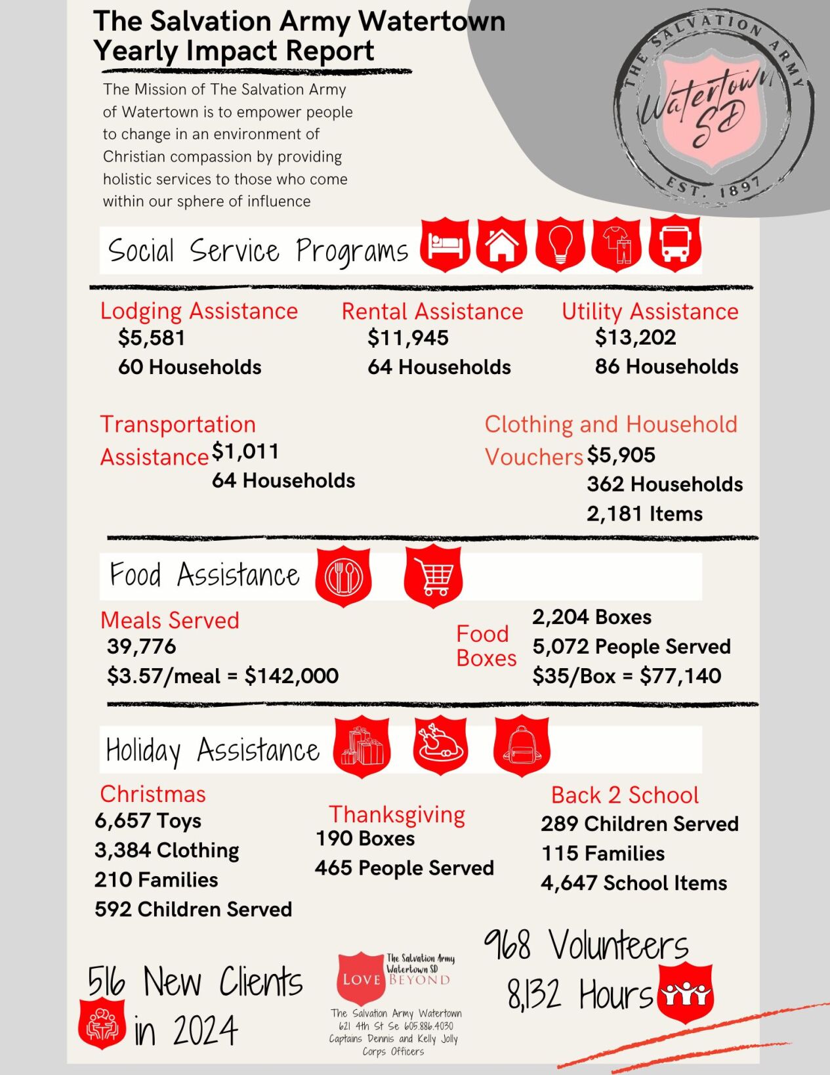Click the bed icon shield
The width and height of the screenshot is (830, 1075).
tap(445, 245)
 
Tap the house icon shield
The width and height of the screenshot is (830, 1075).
tap(501, 245)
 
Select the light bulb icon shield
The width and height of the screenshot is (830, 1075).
tap(560, 244)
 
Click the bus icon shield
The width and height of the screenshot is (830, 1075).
tap(674, 245)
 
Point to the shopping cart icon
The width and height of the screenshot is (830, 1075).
tap(433, 578)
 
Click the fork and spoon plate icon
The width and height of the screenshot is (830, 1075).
tap(343, 578)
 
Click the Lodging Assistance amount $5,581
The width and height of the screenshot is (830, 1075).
tap(152, 338)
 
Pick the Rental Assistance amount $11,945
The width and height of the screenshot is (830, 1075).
tap(408, 338)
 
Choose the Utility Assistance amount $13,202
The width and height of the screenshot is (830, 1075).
tap(635, 337)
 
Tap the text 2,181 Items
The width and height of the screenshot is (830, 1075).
tap(644, 514)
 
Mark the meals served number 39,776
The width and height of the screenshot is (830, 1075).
tap(142, 646)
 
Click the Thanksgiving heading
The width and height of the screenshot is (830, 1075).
tap(397, 814)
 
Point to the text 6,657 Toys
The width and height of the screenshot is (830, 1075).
tap(148, 821)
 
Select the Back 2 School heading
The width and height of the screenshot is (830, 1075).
tap(625, 795)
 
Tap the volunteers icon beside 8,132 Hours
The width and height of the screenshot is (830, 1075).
tap(685, 994)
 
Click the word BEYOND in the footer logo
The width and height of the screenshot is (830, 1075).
tap(419, 980)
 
